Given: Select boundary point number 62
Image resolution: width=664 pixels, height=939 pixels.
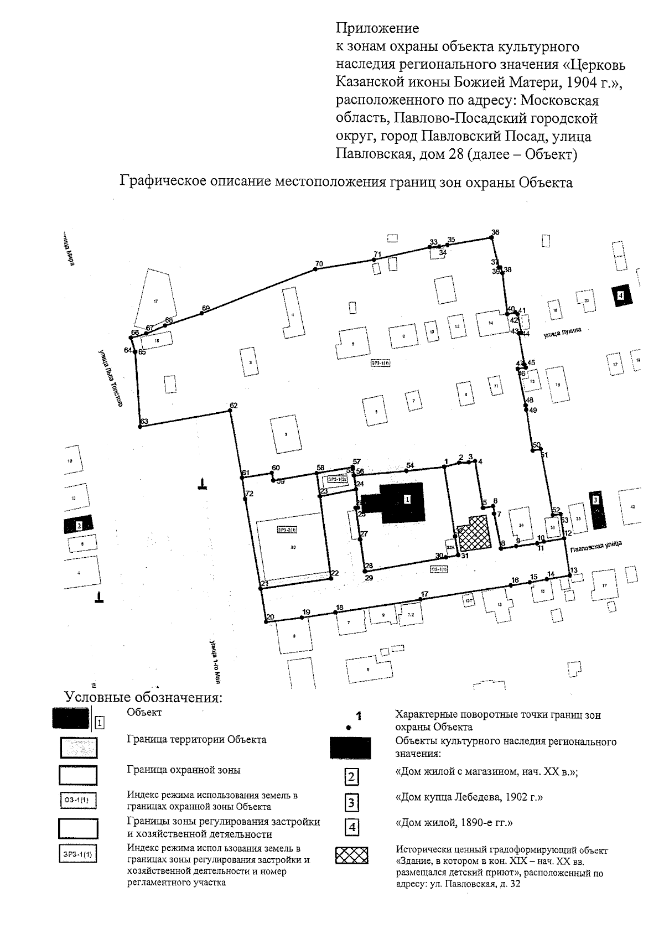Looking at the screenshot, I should (230, 411).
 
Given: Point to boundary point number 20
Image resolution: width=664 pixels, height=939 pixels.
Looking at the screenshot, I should (265, 621).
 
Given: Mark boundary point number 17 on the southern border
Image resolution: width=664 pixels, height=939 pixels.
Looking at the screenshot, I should (422, 600).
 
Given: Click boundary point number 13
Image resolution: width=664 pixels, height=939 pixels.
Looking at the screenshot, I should (569, 576).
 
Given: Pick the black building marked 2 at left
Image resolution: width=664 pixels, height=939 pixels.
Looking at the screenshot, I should (79, 524).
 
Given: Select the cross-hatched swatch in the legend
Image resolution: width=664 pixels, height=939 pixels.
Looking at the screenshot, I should (351, 856).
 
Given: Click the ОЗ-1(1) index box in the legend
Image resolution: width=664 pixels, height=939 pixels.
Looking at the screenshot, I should (77, 800).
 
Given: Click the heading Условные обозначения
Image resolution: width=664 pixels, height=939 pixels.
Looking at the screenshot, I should (143, 697).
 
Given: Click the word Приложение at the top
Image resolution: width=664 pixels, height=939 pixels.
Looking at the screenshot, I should (377, 28).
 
